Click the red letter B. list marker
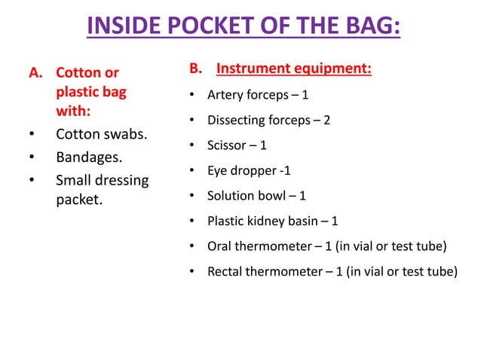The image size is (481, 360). (195, 70)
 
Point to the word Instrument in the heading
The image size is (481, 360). (253, 70)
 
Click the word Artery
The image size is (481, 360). (224, 96)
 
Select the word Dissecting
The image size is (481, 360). (236, 121)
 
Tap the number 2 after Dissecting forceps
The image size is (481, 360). (326, 121)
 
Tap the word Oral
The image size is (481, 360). (219, 246)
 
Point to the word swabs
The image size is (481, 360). (122, 135)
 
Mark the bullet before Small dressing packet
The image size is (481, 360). (30, 181)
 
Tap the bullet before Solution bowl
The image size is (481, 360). (191, 197)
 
